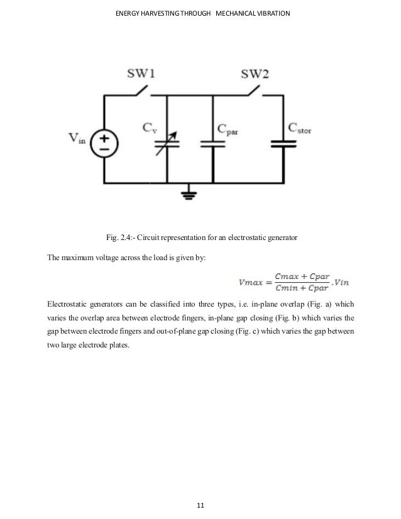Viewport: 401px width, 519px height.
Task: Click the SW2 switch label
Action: point(255,74)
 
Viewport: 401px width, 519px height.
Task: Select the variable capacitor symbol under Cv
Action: point(167,143)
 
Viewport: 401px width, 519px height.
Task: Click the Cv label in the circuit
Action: point(150,129)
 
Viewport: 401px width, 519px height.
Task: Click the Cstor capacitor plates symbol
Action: point(283,144)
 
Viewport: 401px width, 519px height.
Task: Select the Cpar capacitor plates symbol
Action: point(212,144)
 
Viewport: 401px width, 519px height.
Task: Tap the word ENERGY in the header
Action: point(130,12)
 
